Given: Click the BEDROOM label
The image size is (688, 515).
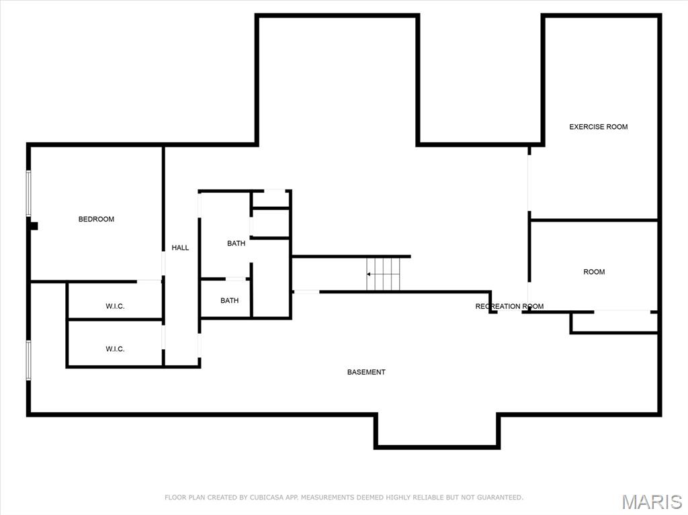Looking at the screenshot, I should tap(96, 219).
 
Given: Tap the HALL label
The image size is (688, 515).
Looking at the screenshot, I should tap(180, 248).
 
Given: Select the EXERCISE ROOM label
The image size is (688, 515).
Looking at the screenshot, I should tap(598, 127).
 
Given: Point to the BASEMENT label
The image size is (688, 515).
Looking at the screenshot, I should tap(366, 372).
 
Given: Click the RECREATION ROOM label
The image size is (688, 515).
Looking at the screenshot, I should tap(509, 306).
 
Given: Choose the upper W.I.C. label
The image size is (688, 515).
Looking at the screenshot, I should tap(115, 306).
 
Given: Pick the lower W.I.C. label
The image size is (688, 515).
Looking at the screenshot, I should tap(115, 349).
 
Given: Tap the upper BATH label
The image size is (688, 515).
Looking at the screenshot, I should tap(236, 244).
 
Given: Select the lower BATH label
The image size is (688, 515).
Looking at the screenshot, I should tap(229, 301).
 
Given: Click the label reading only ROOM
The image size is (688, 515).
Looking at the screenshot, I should tap(594, 272).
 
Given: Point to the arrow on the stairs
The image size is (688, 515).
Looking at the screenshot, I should tap(370, 274).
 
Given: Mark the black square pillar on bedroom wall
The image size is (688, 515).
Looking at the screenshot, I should tap(34, 226).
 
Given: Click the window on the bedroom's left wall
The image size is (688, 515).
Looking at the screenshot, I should tap(29, 193).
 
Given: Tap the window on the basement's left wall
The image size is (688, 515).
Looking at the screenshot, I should tap(29, 360).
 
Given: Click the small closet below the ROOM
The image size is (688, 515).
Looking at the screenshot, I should tap(614, 322).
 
